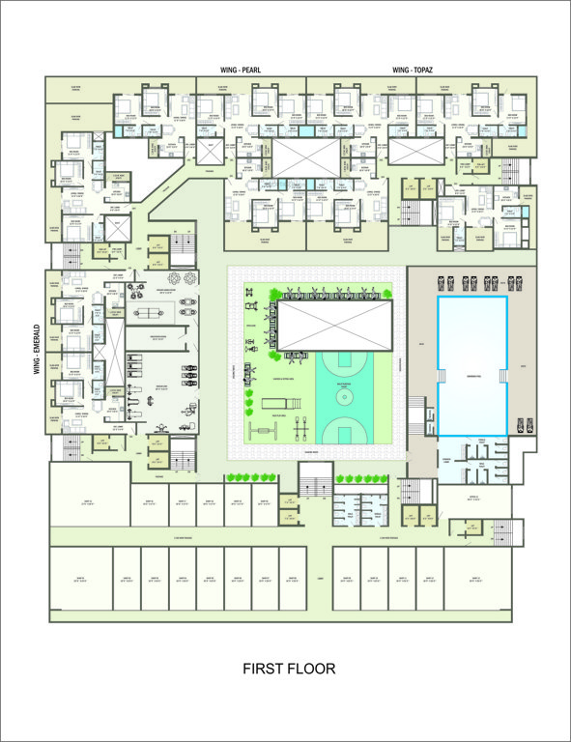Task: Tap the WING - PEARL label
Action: tap(242, 71)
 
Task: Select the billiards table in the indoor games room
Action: tap(150, 314)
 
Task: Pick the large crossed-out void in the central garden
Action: tap(335, 325)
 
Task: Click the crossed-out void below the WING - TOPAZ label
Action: tap(416, 152)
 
